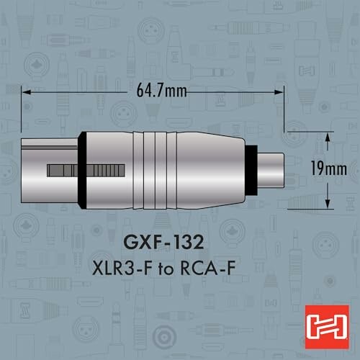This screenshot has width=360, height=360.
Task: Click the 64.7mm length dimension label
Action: click(162, 91)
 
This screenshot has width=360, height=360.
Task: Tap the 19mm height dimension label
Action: click(329, 168)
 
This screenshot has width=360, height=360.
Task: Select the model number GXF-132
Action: click(163, 242)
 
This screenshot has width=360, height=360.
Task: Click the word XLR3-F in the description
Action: click(122, 268)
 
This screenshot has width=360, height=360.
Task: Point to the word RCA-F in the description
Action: click(207, 268)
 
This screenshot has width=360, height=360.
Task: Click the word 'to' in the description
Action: click(166, 269)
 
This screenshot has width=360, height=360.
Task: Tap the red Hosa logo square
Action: click(327, 327)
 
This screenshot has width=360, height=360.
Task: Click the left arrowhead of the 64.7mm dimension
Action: click(26, 92)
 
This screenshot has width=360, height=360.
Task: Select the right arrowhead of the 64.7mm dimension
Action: click(279, 92)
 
